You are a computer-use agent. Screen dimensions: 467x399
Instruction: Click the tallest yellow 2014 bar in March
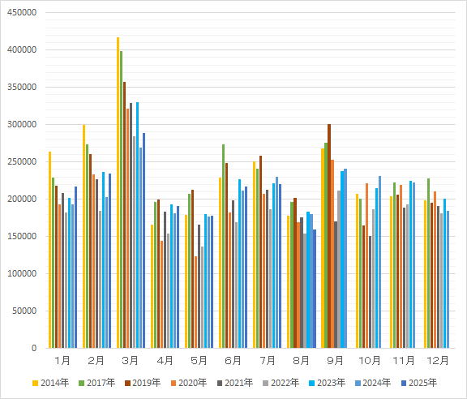tap(118, 192)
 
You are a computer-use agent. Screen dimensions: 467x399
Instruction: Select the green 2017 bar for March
tap(122, 199)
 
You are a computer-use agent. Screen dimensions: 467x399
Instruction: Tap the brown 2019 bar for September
tap(329, 236)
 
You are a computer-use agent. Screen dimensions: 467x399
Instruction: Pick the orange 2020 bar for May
tap(195, 302)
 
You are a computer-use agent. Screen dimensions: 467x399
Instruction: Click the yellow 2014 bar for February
tap(84, 236)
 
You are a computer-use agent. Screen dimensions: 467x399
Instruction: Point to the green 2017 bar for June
tap(224, 247)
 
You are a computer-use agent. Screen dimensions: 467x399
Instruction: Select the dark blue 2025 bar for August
tap(315, 289)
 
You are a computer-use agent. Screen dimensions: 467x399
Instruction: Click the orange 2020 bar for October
tap(366, 265)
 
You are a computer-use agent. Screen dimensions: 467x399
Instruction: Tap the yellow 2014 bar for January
tap(49, 250)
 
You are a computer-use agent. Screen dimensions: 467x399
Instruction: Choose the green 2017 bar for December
tap(428, 263)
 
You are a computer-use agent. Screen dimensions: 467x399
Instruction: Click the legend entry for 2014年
tap(50, 383)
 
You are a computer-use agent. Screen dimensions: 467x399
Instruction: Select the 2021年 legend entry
tap(235, 383)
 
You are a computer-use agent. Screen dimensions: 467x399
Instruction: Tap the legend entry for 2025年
tap(419, 383)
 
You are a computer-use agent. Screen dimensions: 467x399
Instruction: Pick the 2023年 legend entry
tap(328, 383)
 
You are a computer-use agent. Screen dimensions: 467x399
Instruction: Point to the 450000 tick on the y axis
tap(22, 12)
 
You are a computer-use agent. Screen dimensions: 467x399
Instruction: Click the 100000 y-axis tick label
tap(22, 273)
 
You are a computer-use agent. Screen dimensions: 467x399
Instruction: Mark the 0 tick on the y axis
tap(34, 348)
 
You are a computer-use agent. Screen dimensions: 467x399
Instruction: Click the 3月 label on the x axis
tap(131, 361)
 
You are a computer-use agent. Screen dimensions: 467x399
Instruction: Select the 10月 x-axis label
tap(370, 361)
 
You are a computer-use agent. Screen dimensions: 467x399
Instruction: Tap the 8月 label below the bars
tap(301, 361)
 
